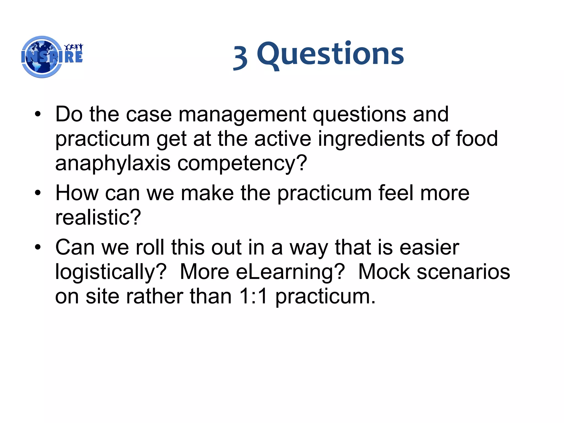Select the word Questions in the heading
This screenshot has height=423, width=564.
pos(330,54)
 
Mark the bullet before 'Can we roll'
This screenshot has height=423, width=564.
pos(38,247)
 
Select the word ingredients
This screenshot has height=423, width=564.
pos(371,139)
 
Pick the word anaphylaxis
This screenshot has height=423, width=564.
pos(113,163)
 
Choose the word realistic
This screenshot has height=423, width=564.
pos(98,217)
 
